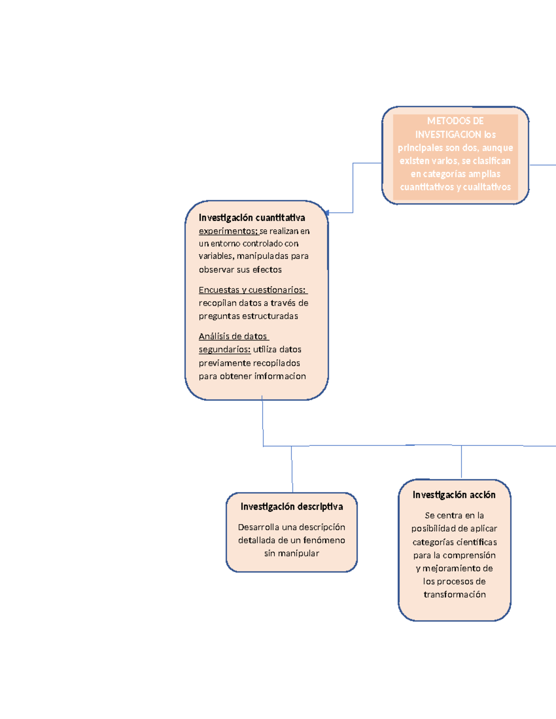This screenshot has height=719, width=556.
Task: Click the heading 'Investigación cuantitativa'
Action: click(x=252, y=218)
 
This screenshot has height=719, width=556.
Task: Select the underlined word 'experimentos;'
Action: click(x=228, y=231)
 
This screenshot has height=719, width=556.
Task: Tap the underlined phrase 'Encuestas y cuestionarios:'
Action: click(x=253, y=290)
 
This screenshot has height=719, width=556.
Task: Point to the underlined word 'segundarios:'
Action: click(x=225, y=350)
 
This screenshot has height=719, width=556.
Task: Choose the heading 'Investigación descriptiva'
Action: click(x=291, y=506)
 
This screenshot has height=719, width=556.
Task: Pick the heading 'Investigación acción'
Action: click(x=454, y=495)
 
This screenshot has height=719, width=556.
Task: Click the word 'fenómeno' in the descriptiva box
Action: click(x=324, y=540)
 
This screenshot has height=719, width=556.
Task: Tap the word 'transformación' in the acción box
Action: click(x=455, y=594)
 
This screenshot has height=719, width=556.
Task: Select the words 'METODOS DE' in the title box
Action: click(x=455, y=121)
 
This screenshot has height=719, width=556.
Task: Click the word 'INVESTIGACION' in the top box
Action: click(x=448, y=135)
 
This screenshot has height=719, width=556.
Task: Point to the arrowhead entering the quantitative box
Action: click(x=327, y=213)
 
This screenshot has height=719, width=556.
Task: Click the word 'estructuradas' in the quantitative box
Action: click(x=270, y=316)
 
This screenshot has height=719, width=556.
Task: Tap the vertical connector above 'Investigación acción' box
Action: click(x=461, y=462)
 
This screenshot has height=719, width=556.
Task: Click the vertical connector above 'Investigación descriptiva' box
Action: click(x=292, y=469)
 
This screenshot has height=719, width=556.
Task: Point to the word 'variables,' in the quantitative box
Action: click(x=216, y=256)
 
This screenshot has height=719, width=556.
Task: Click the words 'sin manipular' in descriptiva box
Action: click(x=291, y=553)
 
